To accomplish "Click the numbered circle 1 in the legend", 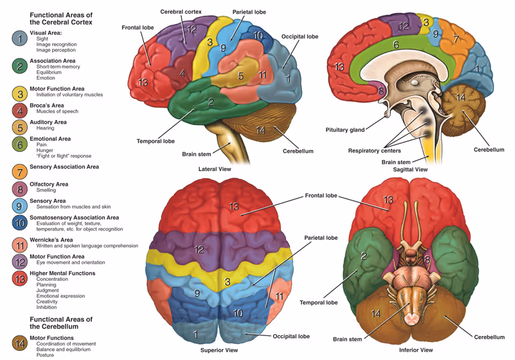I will tap(20, 38).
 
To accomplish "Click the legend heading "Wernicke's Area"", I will tap(51, 239).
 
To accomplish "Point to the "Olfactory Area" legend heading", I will tap(49, 184).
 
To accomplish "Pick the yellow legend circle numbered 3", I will tap(20, 94).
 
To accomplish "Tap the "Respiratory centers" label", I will tap(375, 151).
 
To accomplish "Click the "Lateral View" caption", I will tap(215, 169).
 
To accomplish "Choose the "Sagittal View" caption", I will tap(410, 169).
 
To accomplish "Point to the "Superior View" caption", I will tap(216, 349).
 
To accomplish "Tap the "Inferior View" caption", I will tap(415, 349).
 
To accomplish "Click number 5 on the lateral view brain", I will tap(240, 76).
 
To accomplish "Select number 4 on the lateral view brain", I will tap(182, 73).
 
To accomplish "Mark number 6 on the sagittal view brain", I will tap(396, 45).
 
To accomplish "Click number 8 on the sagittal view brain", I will tap(381, 91).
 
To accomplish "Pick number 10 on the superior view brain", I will tap(238, 313).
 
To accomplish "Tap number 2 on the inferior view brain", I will tap(364, 256).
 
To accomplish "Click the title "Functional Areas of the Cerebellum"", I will tap(61, 323).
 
